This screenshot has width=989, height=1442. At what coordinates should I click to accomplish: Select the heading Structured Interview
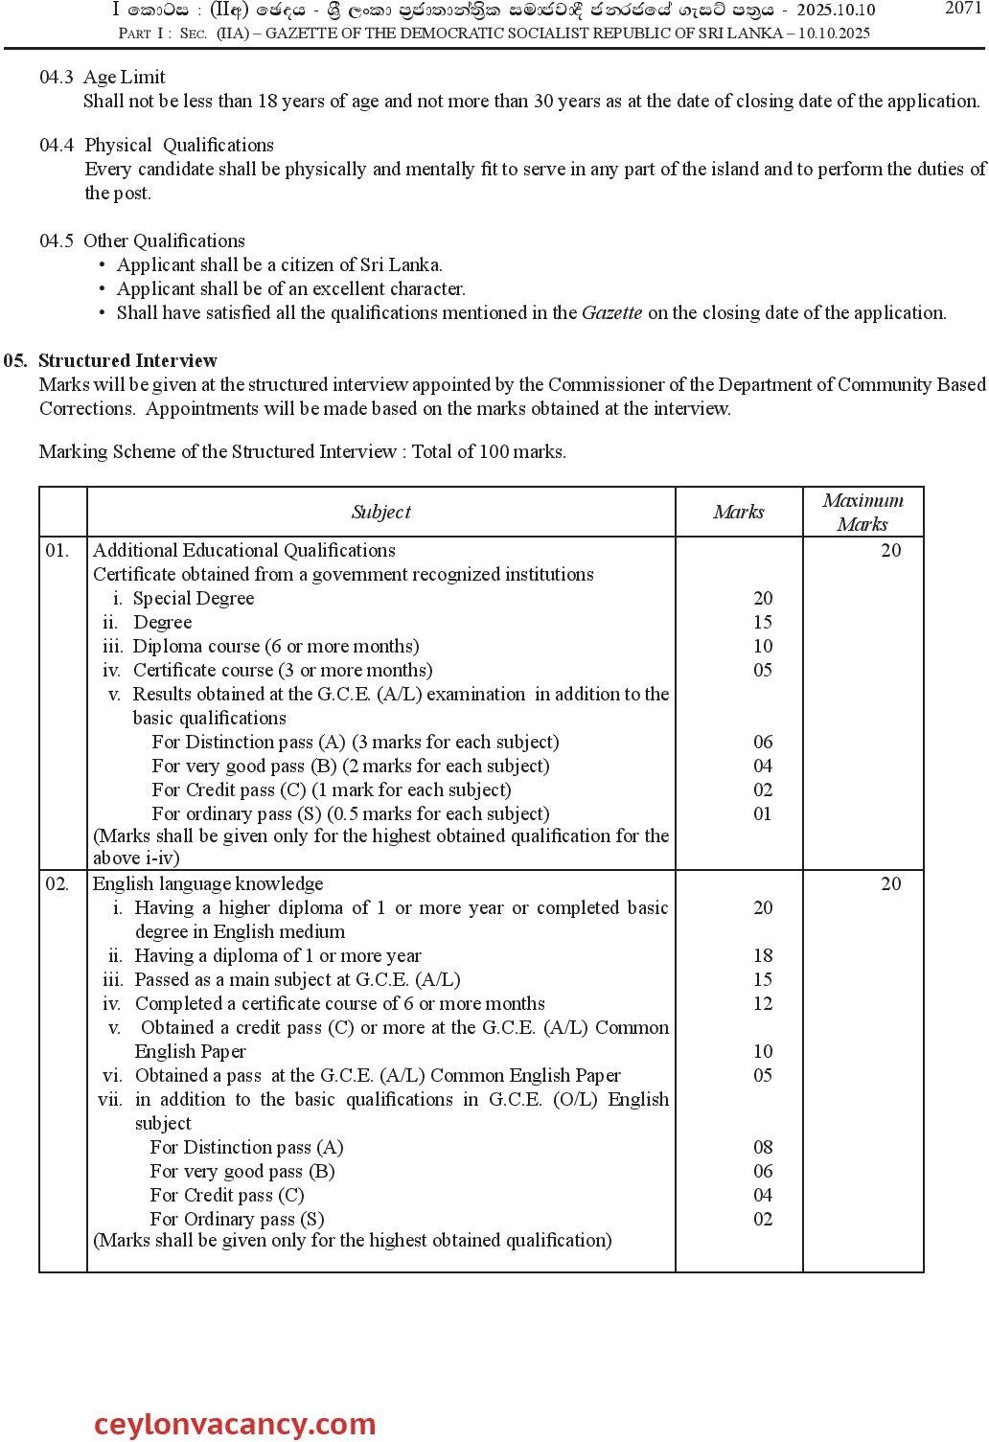pos(127,360)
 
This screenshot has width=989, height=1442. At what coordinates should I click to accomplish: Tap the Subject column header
pos(380,512)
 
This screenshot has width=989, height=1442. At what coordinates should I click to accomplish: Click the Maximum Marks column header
pos(862,512)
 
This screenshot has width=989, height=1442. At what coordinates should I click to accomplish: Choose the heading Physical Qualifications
pos(179,145)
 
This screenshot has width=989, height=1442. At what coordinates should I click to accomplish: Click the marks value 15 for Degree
pos(763,622)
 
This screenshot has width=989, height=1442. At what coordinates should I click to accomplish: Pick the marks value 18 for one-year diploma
pos(763,955)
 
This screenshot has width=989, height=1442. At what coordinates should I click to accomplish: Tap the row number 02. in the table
pos(57,883)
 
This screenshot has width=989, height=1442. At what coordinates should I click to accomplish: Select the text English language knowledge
pos(208,883)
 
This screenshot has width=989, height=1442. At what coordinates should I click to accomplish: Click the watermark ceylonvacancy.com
pos(235,1425)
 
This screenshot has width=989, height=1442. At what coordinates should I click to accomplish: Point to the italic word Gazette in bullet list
pos(612,312)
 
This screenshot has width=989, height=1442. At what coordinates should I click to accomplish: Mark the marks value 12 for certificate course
pos(763,1003)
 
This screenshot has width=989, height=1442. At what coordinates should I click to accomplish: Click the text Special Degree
pos(194,598)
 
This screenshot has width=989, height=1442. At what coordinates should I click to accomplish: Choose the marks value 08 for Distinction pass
pos(763,1147)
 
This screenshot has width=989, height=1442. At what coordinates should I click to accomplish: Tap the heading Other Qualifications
pos(164,240)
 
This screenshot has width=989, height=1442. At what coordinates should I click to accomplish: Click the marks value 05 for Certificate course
pos(763,670)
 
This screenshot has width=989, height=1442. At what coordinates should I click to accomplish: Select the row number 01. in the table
pos(57,550)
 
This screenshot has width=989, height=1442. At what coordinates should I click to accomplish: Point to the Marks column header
pos(739,512)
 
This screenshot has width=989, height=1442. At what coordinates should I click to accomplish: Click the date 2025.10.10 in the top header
pos(834,11)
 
